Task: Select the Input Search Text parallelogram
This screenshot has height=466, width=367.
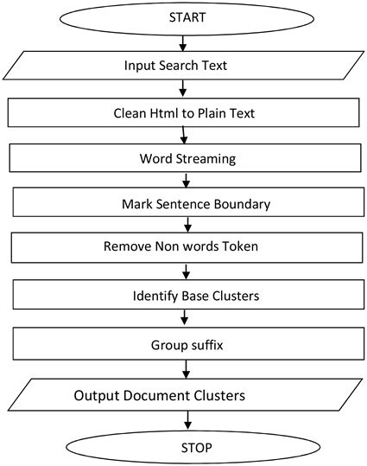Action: point(182,66)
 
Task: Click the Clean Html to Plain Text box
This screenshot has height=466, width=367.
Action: point(182,112)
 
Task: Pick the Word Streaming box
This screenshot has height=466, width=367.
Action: point(184,158)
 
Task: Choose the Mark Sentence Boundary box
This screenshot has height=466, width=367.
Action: point(186,204)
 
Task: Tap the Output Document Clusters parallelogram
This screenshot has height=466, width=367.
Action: point(182,396)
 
